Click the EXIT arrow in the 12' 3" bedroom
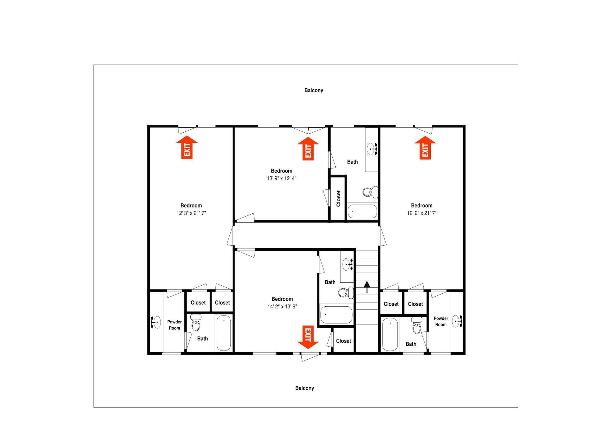point(187,147)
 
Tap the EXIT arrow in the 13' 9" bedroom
point(308,149)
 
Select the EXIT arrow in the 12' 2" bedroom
point(425,148)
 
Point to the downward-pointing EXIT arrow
point(308,337)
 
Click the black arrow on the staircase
point(367,287)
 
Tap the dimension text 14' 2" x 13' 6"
point(282,307)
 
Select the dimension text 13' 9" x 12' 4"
point(281,178)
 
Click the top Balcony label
point(314,90)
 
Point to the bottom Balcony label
point(305,388)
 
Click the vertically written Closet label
point(338,198)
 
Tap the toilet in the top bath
point(370,192)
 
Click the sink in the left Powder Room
point(156,322)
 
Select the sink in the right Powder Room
point(457,321)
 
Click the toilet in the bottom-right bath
point(417,325)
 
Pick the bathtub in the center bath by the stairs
point(337,315)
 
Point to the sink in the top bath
point(372,149)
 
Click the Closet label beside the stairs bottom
point(343,341)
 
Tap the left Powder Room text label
point(174,325)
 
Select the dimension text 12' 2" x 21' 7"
point(422,213)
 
